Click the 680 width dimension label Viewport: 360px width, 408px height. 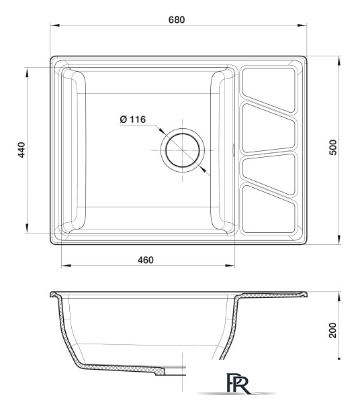coord(177,19)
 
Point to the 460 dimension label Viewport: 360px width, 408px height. coord(147,259)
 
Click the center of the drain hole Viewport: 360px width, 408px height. coord(181,149)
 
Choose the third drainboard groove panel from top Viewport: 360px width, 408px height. coord(268,170)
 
